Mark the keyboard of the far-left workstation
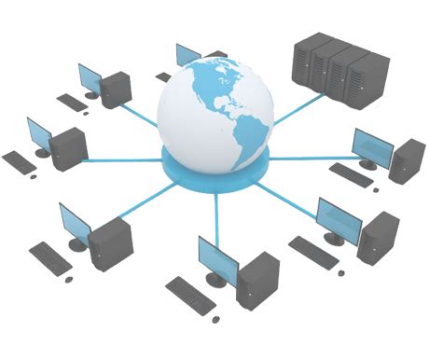coord(19,161)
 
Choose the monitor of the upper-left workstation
coord(90,80)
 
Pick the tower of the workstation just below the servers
coord(407,160)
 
